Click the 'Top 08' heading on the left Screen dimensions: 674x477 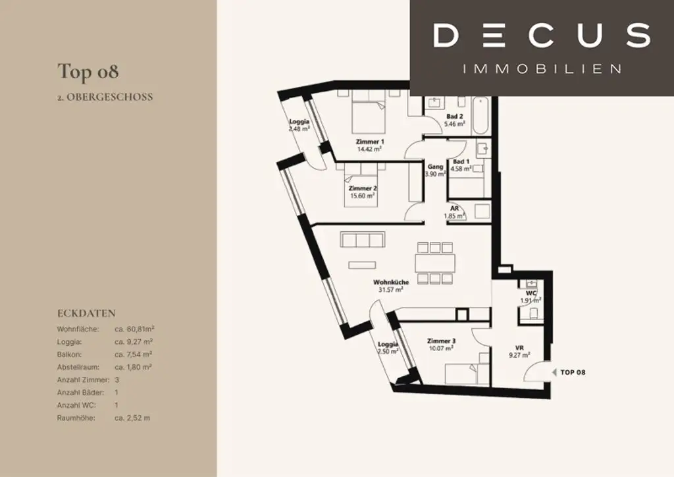(88, 72)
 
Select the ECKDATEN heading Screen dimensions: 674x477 (86, 313)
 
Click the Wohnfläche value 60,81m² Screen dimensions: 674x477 (134, 329)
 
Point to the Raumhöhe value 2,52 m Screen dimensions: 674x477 (132, 418)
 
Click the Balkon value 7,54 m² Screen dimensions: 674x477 (133, 354)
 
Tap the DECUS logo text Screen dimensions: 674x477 (542, 36)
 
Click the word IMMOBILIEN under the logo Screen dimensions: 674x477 (542, 69)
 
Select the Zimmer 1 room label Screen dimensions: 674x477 (370, 142)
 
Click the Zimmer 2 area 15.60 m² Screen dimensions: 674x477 (363, 196)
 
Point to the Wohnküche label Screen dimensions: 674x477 (391, 282)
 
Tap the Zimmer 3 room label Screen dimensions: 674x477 (441, 341)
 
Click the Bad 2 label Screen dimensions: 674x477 (454, 116)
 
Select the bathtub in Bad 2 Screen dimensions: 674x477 (480, 116)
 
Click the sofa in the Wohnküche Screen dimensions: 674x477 (363, 239)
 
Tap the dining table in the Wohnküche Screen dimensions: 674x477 (435, 264)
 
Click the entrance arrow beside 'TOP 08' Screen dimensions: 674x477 (554, 372)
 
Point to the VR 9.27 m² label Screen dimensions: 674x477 (519, 351)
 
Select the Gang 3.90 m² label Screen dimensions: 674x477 (436, 171)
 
